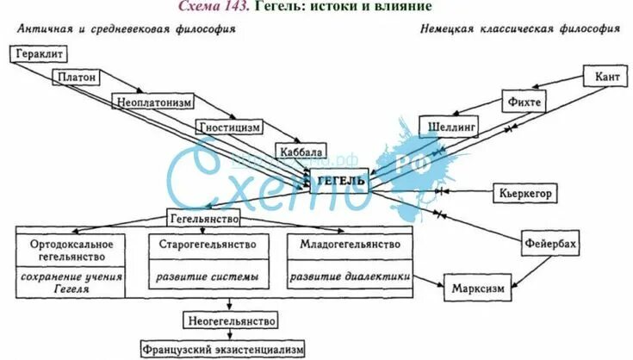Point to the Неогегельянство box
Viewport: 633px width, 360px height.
coord(230,321)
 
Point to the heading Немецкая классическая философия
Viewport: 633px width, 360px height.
coord(520,28)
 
